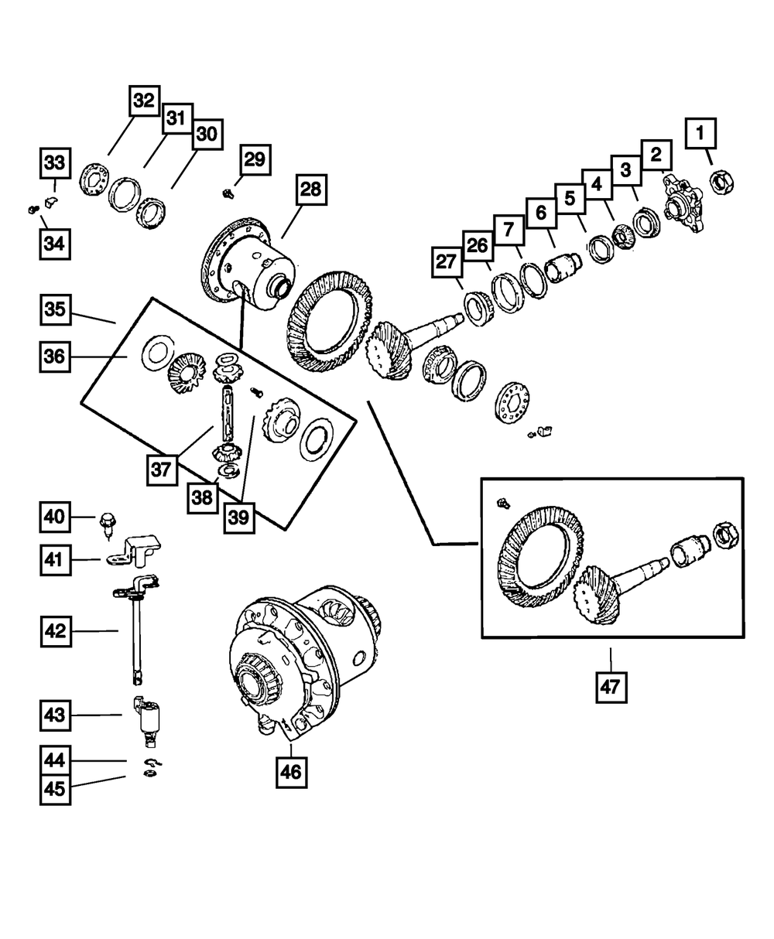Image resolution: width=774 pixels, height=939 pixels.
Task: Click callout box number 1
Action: [x=700, y=135]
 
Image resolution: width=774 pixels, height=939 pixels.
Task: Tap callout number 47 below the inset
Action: [x=611, y=686]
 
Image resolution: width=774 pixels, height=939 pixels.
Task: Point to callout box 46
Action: [x=291, y=772]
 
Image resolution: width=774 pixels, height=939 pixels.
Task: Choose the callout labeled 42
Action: [x=56, y=631]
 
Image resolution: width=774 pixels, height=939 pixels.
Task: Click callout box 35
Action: [x=56, y=311]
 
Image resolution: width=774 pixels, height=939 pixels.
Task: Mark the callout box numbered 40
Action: [x=56, y=517]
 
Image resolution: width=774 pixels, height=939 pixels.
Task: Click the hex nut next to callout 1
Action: [x=722, y=183]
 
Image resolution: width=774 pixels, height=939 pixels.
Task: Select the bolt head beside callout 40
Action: [x=106, y=522]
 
